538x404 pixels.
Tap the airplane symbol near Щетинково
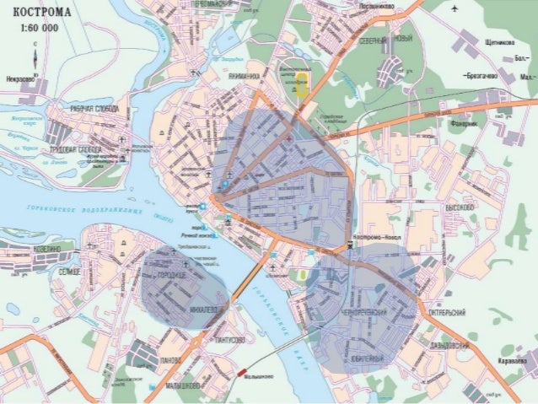[x=455, y=9]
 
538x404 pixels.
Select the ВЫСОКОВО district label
[x=461, y=207]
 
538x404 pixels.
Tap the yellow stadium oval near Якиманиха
[x=301, y=85]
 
